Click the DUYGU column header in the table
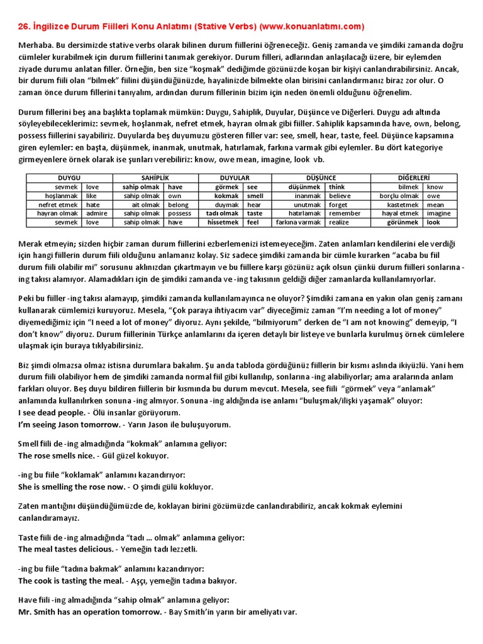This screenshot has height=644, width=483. click(x=69, y=178)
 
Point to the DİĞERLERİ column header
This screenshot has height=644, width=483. click(x=417, y=178)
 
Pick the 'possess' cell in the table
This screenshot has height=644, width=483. click(x=180, y=213)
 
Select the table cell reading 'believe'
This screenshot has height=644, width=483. click(x=343, y=196)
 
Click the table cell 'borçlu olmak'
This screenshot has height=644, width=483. click(x=399, y=196)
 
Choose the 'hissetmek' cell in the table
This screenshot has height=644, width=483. click(x=223, y=222)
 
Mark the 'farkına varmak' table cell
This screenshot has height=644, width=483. click(x=298, y=222)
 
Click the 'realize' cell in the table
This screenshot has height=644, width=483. click(x=339, y=222)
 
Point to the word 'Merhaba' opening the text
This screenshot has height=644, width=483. click(x=36, y=46)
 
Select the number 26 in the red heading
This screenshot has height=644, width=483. click(x=23, y=26)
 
